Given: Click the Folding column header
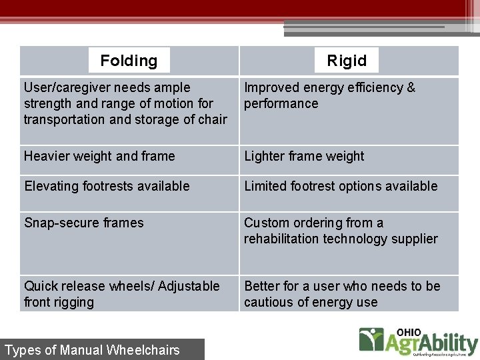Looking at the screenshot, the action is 129,61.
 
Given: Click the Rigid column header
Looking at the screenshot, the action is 347,61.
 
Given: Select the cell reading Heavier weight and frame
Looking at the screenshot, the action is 99,157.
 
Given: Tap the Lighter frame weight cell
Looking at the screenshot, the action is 304,157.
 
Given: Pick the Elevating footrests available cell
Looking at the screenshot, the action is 107,187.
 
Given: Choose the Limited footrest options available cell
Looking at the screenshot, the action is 341,187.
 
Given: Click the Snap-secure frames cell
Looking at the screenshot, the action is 84,223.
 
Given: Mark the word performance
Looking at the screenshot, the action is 281,104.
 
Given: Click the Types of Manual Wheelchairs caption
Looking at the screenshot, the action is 92,350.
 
